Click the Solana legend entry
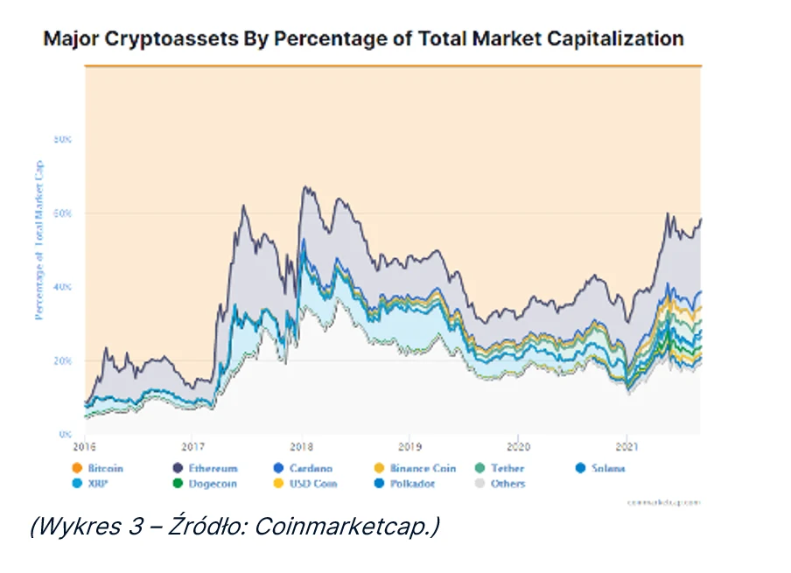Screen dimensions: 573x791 [x=605, y=469]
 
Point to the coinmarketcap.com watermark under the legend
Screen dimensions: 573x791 [x=666, y=502]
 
